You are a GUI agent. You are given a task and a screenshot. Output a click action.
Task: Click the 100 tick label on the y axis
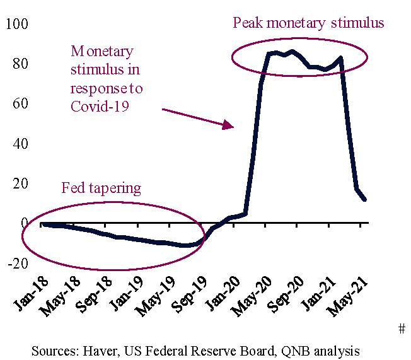(x=17, y=24)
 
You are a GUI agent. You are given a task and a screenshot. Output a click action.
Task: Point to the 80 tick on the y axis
(x=20, y=64)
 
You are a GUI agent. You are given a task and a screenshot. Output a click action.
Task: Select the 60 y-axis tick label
(x=20, y=103)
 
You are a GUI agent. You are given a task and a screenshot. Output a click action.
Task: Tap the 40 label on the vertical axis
(x=20, y=143)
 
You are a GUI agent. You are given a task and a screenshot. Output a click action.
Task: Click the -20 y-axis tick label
(x=18, y=263)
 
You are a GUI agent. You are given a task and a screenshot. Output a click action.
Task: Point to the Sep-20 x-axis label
(x=285, y=296)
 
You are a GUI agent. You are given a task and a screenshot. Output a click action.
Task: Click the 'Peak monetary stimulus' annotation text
(x=308, y=23)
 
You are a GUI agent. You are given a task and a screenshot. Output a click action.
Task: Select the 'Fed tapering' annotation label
(x=101, y=188)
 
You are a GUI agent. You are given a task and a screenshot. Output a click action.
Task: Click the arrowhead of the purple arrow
(x=231, y=126)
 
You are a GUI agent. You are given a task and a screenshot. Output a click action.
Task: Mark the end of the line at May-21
(x=365, y=200)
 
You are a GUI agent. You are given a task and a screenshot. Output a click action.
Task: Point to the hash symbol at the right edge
(x=402, y=329)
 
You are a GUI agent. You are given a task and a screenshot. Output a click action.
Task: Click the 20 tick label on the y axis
(x=20, y=183)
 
